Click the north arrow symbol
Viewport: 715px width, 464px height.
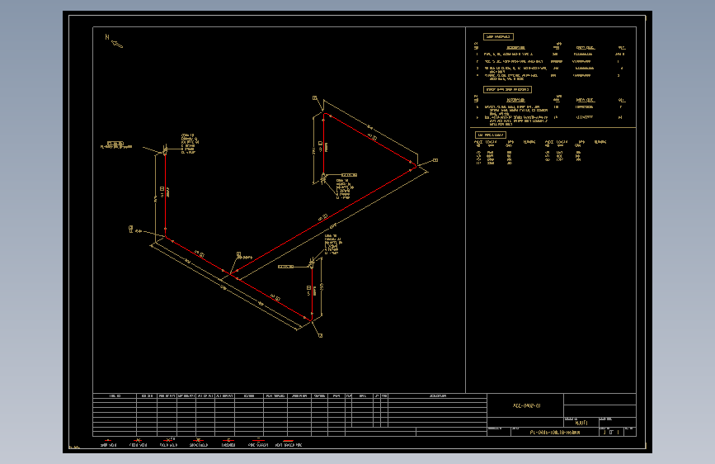113,39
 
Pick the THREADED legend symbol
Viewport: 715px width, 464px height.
224,439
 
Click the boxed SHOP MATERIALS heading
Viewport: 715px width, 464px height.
498,37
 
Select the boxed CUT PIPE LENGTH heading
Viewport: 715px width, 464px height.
490,134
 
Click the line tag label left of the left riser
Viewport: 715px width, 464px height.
116,147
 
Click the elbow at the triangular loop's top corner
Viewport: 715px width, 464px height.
324,114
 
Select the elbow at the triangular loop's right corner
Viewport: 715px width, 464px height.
417,167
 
